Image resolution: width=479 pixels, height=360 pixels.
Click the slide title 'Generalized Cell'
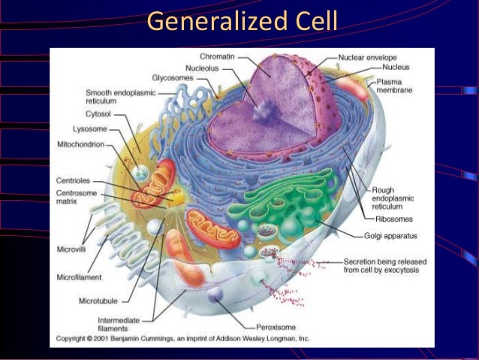(x=239, y=22)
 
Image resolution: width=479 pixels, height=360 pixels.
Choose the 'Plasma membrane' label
(x=393, y=86)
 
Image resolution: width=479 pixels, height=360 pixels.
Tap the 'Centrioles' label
(x=74, y=180)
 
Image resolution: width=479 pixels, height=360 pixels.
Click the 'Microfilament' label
(x=79, y=277)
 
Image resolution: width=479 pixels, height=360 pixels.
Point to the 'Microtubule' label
(x=98, y=301)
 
